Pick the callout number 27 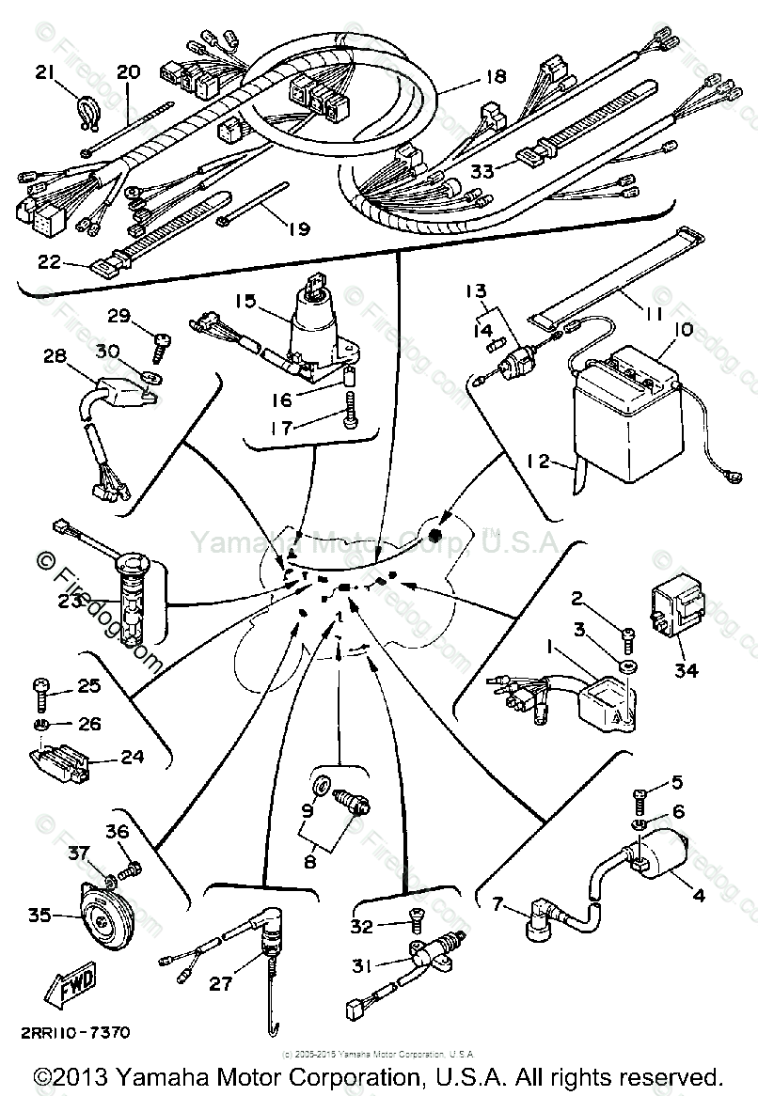pyautogui.click(x=220, y=985)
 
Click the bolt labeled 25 pyautogui.click(x=42, y=691)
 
